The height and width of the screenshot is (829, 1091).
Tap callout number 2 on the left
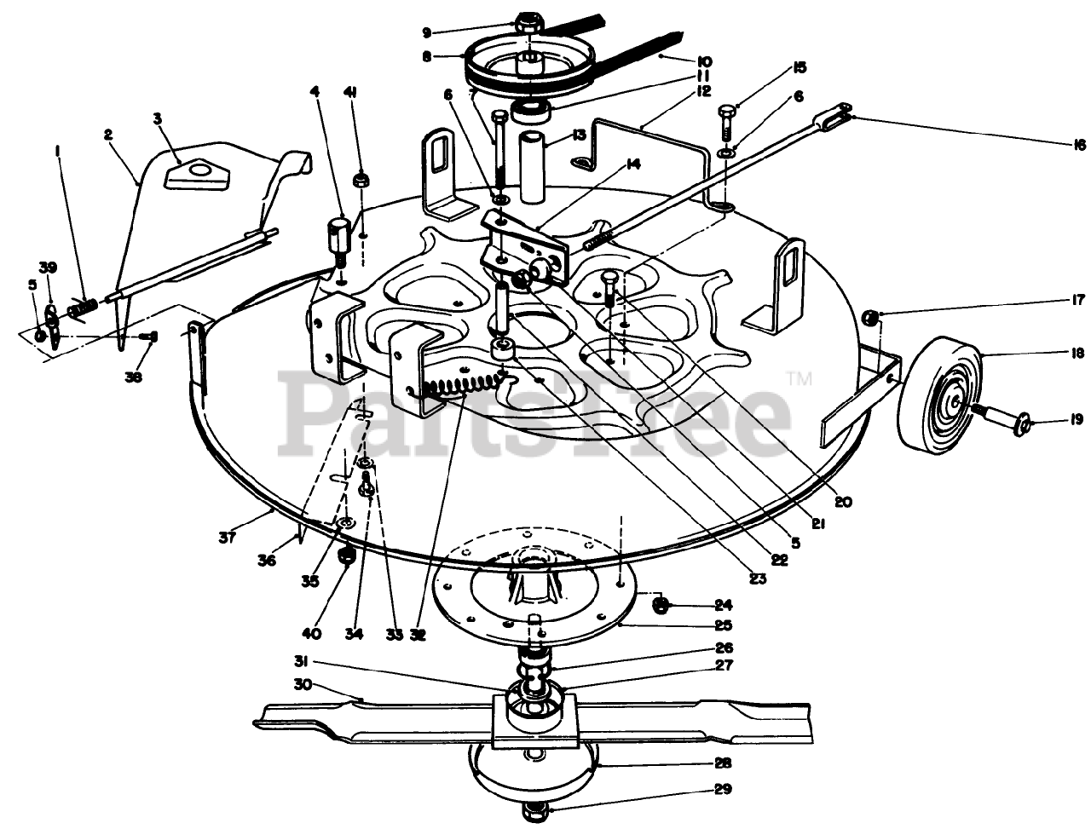108,134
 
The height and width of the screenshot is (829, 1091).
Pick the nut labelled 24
660,605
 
